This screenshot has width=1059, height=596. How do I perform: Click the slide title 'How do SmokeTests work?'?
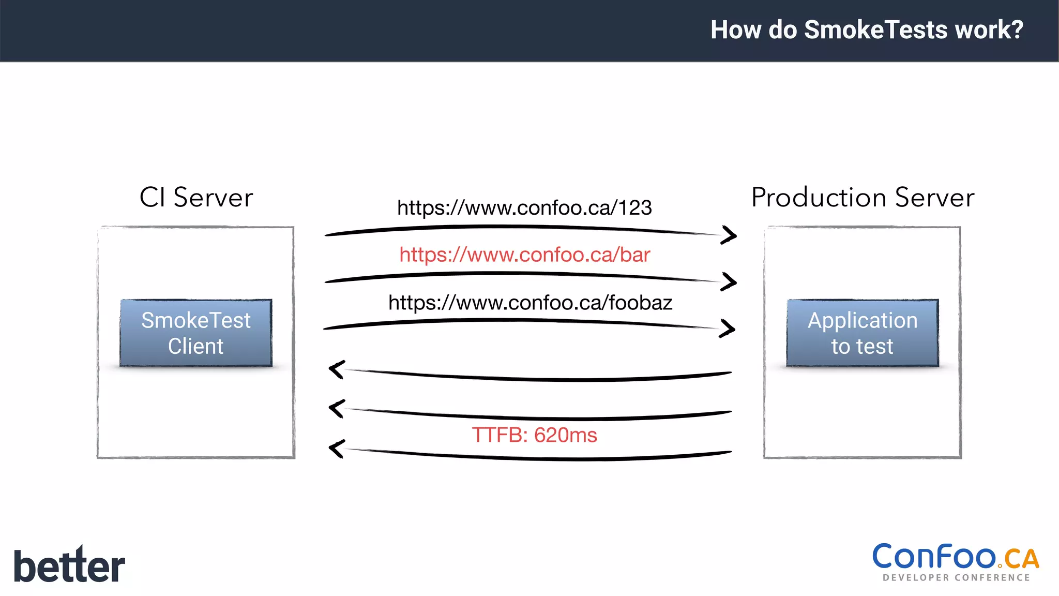[867, 29]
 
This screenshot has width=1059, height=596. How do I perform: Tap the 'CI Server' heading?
[196, 197]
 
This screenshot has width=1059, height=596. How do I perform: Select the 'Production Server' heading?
[863, 197]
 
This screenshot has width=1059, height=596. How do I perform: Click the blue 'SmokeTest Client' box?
[196, 333]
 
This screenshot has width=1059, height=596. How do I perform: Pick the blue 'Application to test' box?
[863, 333]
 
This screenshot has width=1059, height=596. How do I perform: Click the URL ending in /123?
[524, 208]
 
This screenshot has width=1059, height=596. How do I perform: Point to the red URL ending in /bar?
[524, 255]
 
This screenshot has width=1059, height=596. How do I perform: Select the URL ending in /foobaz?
[530, 303]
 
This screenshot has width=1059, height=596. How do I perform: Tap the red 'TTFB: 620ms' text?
[534, 435]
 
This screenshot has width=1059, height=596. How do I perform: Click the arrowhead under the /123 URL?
[729, 235]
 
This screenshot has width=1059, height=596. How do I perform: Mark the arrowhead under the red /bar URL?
[729, 282]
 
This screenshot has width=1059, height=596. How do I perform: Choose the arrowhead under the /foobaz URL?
[728, 329]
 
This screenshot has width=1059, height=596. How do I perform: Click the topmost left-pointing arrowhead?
[337, 369]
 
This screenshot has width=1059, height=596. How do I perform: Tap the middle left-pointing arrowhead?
[337, 409]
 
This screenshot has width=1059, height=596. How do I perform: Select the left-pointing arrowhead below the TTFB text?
[337, 449]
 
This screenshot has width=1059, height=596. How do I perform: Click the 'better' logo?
[69, 565]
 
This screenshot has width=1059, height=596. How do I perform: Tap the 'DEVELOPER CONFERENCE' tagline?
[956, 578]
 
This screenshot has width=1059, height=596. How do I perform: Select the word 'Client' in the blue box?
[195, 346]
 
